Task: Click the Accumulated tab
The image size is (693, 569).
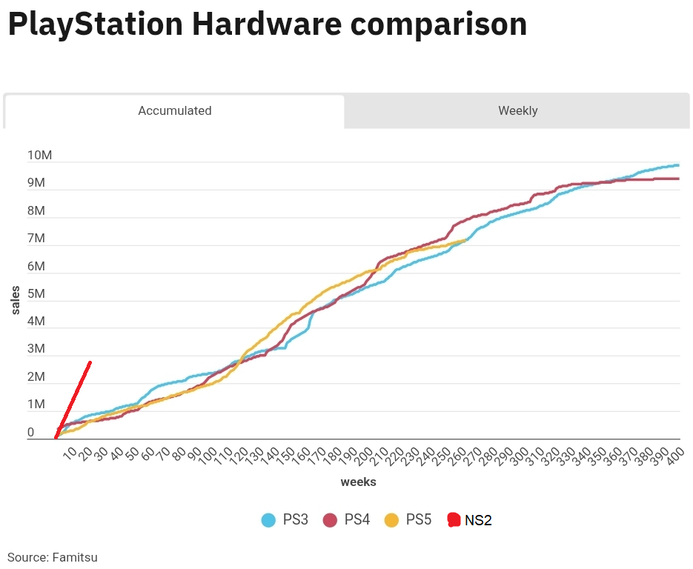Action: pyautogui.click(x=175, y=111)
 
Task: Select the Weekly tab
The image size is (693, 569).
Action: pyautogui.click(x=517, y=111)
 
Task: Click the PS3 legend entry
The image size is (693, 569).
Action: pyautogui.click(x=285, y=519)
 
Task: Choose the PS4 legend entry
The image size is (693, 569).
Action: pyautogui.click(x=347, y=519)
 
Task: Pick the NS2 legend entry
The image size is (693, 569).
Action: pyautogui.click(x=470, y=520)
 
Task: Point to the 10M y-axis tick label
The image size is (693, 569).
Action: pyautogui.click(x=39, y=156)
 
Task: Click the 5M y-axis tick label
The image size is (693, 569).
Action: pyautogui.click(x=36, y=294)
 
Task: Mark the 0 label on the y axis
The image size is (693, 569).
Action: pyautogui.click(x=30, y=433)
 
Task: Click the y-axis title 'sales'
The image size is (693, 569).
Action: pyautogui.click(x=16, y=300)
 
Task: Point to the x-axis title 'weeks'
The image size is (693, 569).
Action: pyautogui.click(x=358, y=482)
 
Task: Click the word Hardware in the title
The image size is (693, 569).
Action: pyautogui.click(x=267, y=24)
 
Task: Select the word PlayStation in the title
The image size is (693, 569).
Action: pyautogui.click(x=95, y=24)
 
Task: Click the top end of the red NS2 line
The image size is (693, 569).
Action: pyautogui.click(x=90, y=362)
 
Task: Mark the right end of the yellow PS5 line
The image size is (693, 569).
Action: pyautogui.click(x=465, y=239)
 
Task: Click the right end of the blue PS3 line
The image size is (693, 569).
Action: pyautogui.click(x=678, y=165)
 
